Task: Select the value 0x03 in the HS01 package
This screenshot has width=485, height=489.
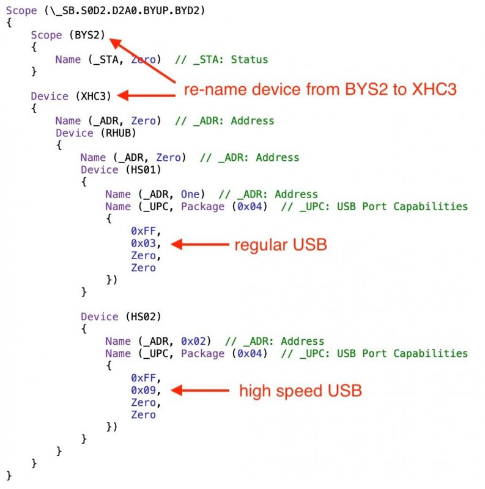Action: click(143, 243)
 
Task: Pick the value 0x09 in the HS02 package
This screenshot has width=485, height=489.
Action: click(143, 390)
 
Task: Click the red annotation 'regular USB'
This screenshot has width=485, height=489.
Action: click(281, 246)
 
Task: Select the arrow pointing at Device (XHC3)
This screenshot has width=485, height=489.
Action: click(147, 95)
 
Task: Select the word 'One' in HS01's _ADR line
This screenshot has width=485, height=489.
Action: click(190, 194)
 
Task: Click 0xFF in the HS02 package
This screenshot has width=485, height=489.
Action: click(143, 378)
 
